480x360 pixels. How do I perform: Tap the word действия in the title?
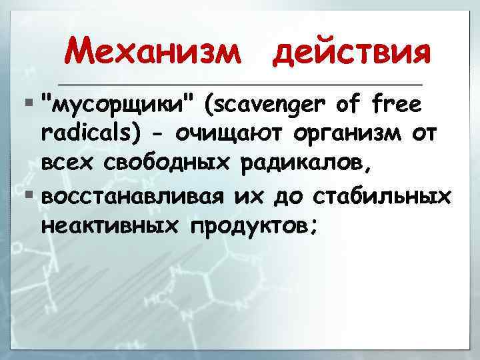pos(350,51)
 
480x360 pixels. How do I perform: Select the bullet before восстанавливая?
pos(28,196)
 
